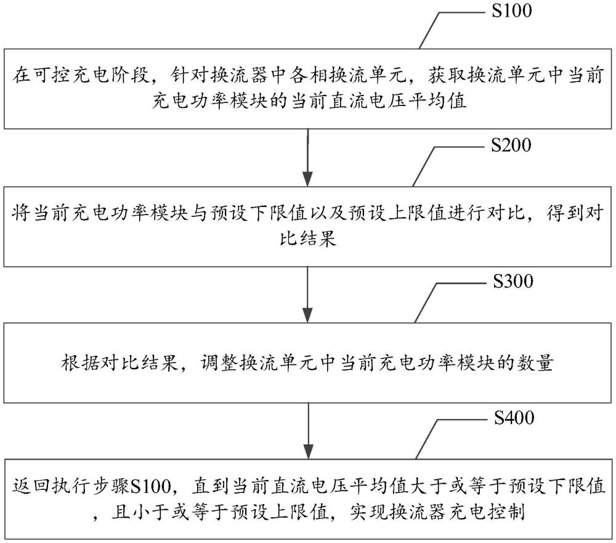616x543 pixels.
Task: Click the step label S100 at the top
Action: pos(512,10)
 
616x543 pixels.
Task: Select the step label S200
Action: pos(511,145)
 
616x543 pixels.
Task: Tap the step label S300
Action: pos(513,281)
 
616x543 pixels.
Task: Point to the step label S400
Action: pos(514,417)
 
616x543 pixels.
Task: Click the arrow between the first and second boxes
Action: pos(308,157)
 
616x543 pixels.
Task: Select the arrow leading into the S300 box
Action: pos(308,295)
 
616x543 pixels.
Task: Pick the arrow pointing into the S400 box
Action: pos(309,431)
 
